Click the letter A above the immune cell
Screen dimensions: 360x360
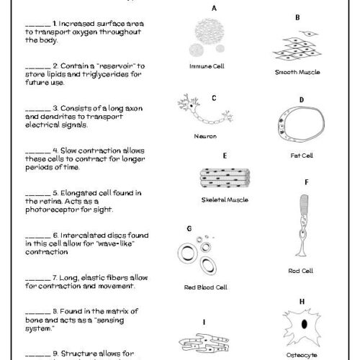tap(214, 8)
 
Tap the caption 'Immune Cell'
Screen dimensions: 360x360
tap(204, 65)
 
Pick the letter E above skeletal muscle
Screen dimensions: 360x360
tap(225, 156)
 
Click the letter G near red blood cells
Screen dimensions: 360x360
tap(189, 228)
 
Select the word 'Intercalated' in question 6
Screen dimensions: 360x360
tap(79, 235)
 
